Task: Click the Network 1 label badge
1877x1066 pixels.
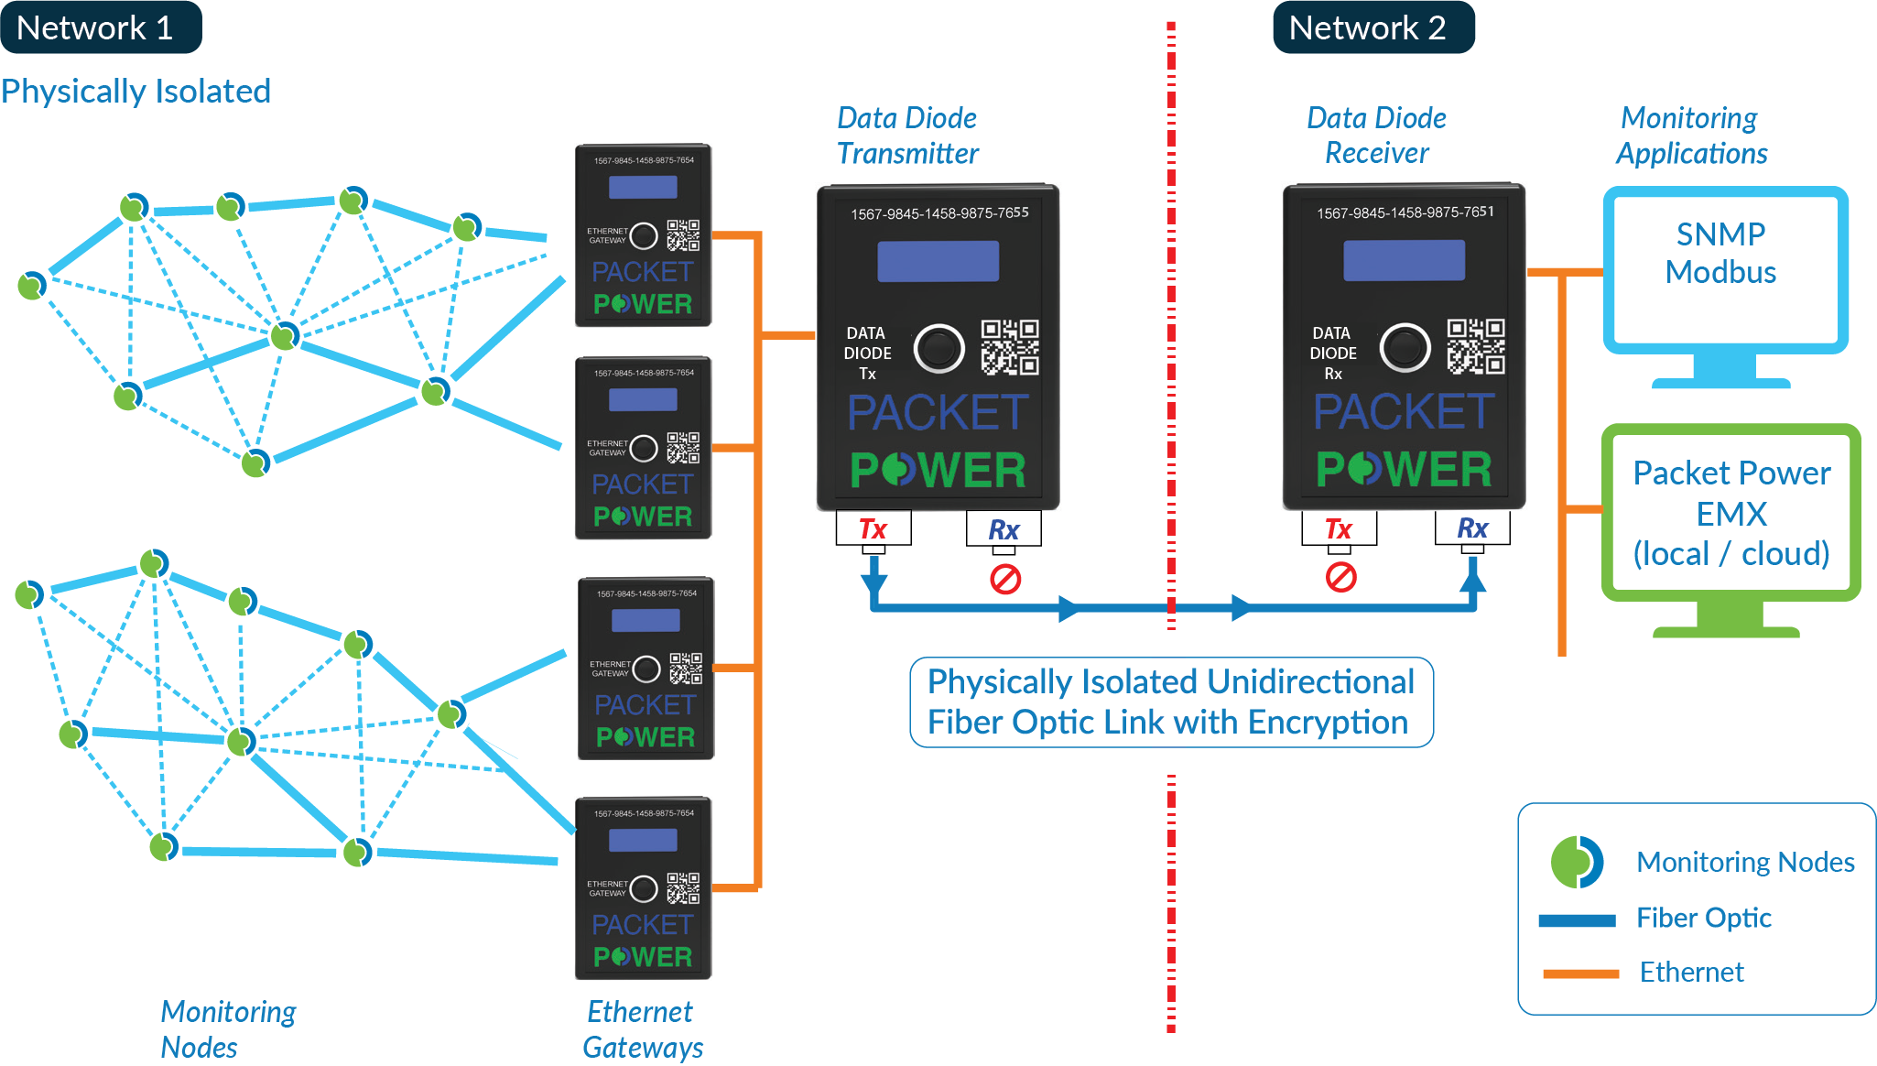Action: tap(99, 27)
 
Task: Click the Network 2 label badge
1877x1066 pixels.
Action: tap(1372, 27)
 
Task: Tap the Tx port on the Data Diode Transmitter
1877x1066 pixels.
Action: tap(873, 529)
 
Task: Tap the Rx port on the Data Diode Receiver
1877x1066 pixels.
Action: tap(1471, 528)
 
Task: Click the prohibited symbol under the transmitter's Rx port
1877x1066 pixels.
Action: tap(1005, 579)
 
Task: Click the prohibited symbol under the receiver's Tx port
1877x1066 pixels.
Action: tap(1340, 577)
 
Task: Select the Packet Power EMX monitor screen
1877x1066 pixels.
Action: tap(1731, 513)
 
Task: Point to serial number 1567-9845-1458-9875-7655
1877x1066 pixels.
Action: tap(939, 213)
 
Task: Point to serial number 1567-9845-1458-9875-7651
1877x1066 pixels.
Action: tap(1405, 212)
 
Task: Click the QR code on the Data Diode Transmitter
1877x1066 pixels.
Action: tap(1009, 347)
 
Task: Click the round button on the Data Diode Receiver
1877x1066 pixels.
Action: tap(1405, 348)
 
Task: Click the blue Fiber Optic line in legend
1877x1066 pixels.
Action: tap(1577, 920)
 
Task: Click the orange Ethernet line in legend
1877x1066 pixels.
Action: tap(1580, 974)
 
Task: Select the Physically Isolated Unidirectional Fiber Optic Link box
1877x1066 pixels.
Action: tap(1170, 702)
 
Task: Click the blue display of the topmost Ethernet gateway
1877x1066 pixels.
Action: tap(643, 188)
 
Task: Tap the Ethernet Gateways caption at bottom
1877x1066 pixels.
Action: tap(642, 1029)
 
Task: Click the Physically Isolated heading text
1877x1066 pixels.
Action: tap(136, 92)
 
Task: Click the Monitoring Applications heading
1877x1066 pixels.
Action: tap(1690, 136)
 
